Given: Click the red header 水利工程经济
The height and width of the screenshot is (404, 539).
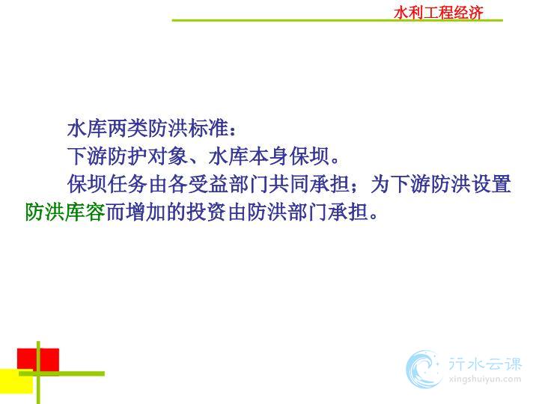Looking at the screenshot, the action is [x=439, y=13].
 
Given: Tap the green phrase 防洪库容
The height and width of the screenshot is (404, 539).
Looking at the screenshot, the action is [x=65, y=212].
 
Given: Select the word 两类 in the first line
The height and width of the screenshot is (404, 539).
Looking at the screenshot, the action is [x=128, y=129].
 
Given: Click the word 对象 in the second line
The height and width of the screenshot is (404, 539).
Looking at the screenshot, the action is [x=168, y=156].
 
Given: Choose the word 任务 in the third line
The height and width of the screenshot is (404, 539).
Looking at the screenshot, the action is [x=128, y=184].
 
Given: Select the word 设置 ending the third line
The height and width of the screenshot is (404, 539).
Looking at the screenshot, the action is [x=491, y=184].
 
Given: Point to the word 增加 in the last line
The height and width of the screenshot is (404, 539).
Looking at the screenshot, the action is [x=146, y=212].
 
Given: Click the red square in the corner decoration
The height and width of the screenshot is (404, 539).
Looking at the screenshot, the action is [x=38, y=360].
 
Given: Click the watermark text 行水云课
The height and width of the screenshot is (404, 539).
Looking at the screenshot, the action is [x=485, y=364].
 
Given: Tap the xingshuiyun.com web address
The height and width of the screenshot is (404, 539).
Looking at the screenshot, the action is [x=485, y=379].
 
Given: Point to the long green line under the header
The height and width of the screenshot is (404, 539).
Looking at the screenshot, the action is [x=337, y=21].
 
